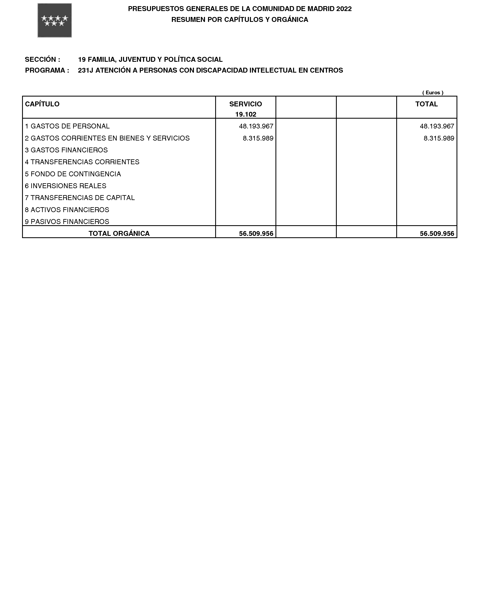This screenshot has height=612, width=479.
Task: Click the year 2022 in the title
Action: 344,9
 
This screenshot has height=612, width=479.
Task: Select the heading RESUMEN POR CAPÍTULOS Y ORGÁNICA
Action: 240,20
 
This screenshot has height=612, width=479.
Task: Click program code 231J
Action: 86,70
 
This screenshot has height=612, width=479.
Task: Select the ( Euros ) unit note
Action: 433,93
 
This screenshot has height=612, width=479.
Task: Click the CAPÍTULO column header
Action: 42,104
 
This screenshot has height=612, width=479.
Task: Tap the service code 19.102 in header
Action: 246,114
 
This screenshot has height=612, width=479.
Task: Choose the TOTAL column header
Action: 426,104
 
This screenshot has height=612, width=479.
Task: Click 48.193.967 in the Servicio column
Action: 256,126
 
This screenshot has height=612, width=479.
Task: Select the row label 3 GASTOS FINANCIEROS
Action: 66,150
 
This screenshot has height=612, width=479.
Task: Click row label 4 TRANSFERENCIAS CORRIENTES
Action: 82,162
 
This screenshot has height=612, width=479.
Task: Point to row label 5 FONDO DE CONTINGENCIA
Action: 73,174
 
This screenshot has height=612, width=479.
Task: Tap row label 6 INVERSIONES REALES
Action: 66,186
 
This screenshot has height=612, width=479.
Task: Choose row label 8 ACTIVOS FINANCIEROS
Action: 67,210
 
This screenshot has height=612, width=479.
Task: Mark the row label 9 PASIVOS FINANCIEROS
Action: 67,222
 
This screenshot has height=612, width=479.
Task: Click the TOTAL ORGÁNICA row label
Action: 119,233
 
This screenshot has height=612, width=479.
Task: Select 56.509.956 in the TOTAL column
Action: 437,233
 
